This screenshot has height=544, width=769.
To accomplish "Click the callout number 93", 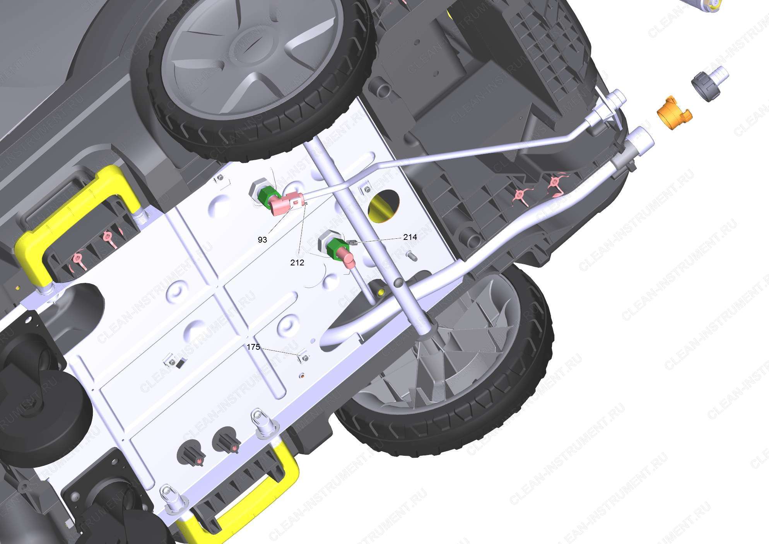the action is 262,240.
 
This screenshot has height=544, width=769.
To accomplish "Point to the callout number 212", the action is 297,262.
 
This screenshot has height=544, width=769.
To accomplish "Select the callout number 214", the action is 410,237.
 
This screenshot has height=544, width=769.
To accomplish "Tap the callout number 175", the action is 253,347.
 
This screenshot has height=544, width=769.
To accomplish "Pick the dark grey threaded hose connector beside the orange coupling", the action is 709,84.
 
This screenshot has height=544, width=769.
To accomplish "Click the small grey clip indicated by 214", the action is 352,242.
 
